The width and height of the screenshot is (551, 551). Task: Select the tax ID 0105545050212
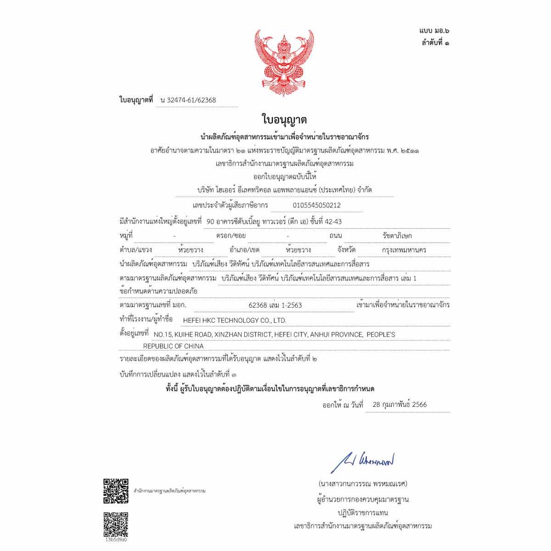pos(316,205)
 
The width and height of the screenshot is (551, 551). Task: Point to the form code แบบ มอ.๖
pos(434,32)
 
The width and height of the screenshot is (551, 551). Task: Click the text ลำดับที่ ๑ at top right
pos(436,43)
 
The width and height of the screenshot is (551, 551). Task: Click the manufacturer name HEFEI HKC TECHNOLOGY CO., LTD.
pos(235,320)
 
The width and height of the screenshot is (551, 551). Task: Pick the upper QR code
pos(116,491)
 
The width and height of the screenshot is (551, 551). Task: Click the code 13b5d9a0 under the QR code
pos(116,539)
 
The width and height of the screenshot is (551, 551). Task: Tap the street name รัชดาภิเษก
pos(397,236)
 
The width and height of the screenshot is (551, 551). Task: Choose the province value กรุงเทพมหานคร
pos(404,250)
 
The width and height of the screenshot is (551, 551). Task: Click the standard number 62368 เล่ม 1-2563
pos(275,305)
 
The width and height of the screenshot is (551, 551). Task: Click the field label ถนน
pos(336,236)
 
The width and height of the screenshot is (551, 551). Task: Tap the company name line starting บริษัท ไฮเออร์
pos(284,190)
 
